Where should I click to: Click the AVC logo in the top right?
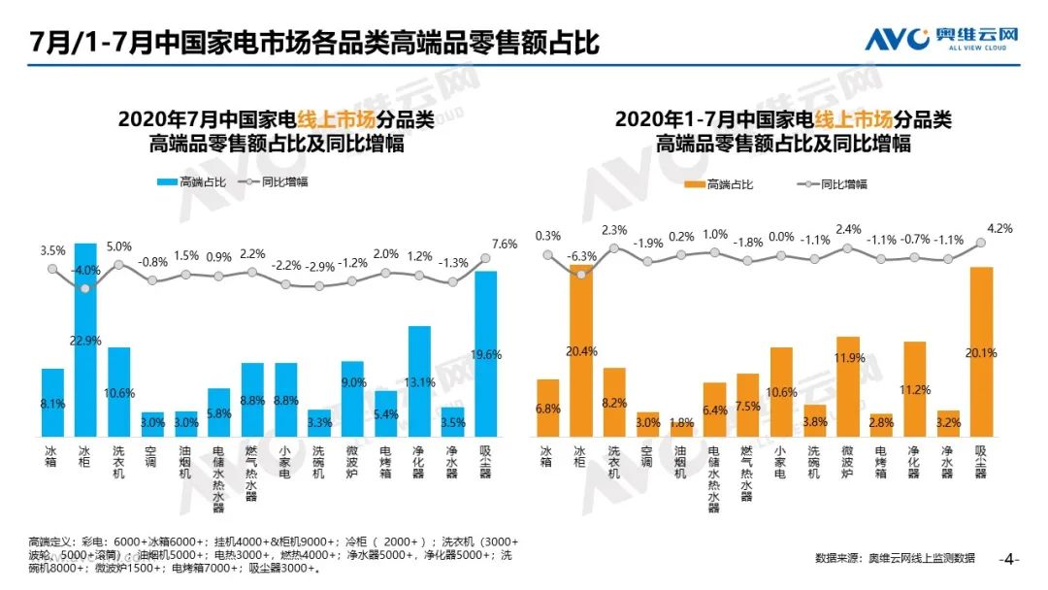pos(942,38)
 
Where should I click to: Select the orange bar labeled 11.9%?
pos(847,387)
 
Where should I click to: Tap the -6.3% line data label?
pos(581,256)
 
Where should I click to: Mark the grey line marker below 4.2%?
pos(980,244)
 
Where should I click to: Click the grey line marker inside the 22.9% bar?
pos(85,288)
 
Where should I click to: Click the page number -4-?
pos(1009,559)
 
